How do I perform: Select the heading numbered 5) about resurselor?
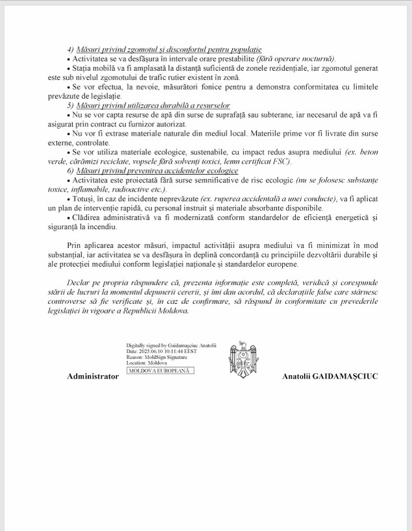click(152, 105)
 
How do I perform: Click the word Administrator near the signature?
click(93, 377)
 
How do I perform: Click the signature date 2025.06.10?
click(155, 351)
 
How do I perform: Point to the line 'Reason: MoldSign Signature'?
click(157, 357)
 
